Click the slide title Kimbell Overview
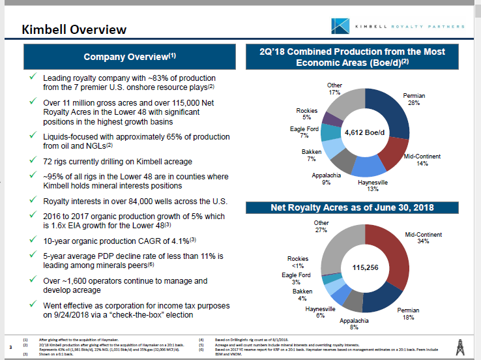tap(74, 29)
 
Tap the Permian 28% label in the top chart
tap(414, 99)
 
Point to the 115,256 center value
tap(366, 267)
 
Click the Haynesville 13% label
tap(373, 186)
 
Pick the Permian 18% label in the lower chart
tap(408, 314)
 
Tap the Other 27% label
tap(321, 226)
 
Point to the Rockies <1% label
tap(299, 262)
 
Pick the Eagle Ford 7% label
tap(304, 132)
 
